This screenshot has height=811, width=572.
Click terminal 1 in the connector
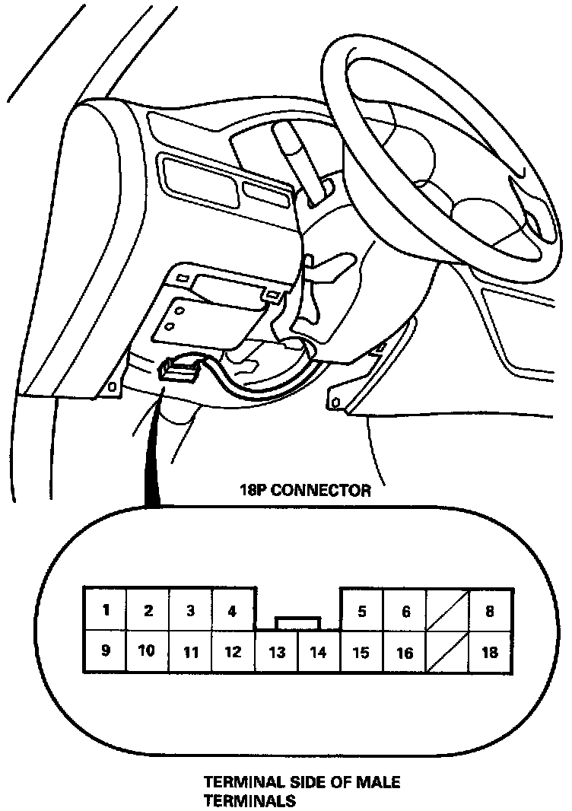[105, 609]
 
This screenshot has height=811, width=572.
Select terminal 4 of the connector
[233, 609]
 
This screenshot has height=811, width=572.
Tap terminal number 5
[362, 609]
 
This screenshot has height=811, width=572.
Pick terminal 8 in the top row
[491, 609]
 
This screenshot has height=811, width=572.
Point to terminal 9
[105, 651]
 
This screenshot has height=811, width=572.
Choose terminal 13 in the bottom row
[277, 652]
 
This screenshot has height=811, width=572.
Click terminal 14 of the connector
[319, 652]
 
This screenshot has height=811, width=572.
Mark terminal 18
[491, 652]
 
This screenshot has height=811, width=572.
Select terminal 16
[405, 652]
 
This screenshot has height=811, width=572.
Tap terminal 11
[190, 652]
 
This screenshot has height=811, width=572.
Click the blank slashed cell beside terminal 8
[448, 609]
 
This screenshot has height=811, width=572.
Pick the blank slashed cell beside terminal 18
[448, 652]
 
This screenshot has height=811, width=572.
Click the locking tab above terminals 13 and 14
[298, 623]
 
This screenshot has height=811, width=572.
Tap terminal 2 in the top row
[148, 609]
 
